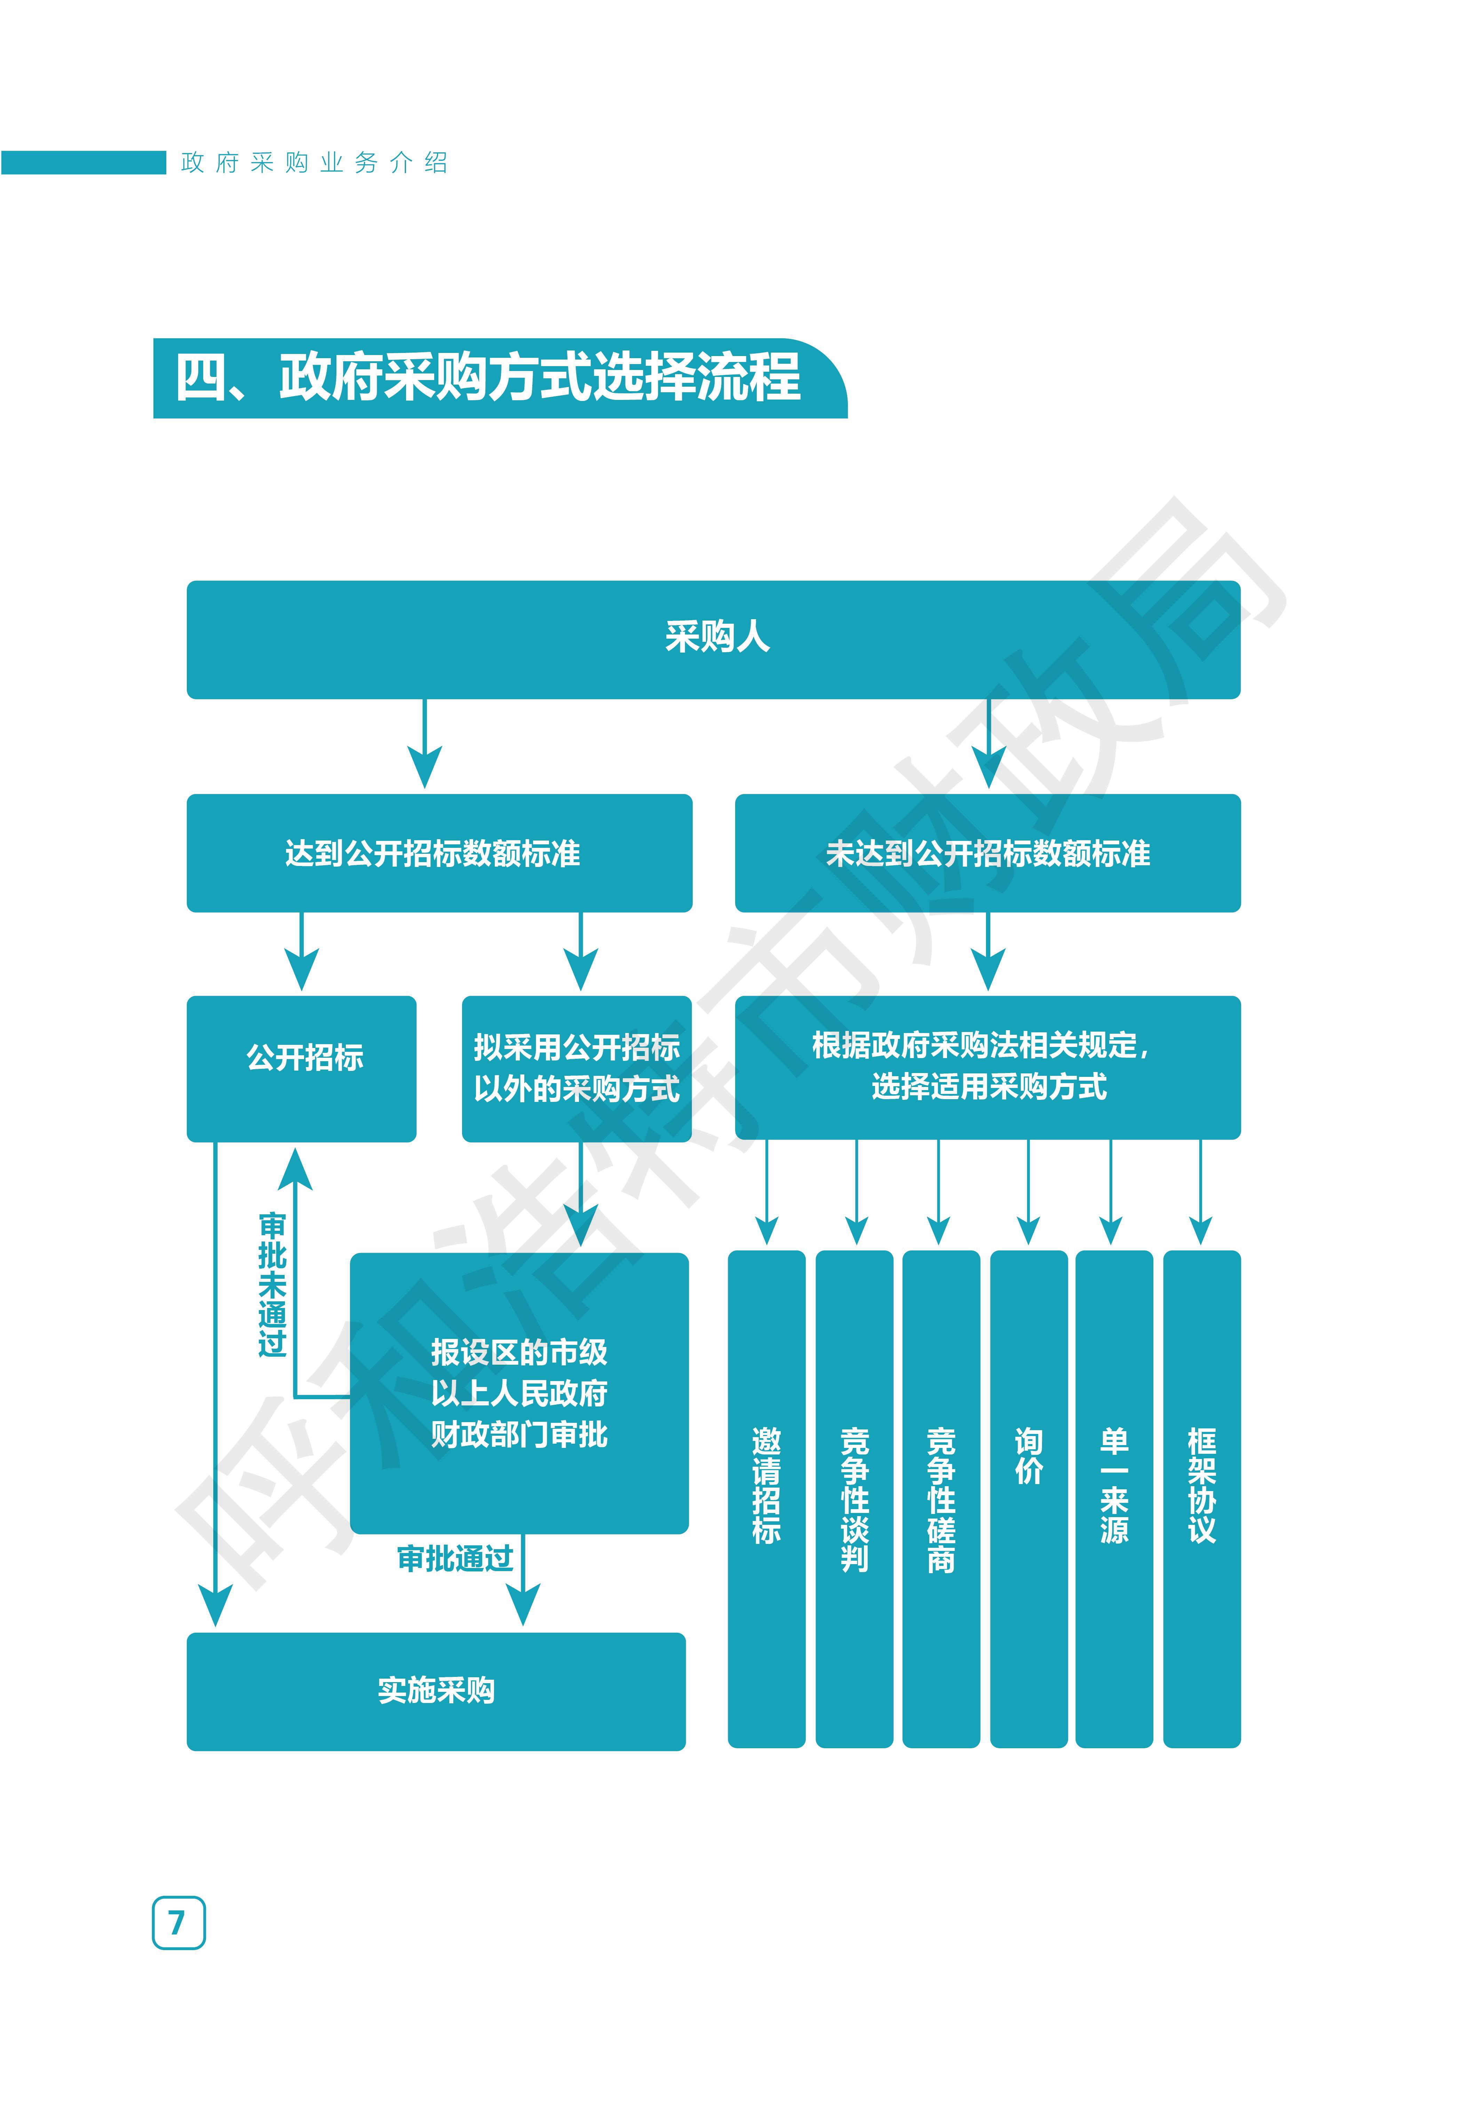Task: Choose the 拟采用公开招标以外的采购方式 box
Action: pos(577,1068)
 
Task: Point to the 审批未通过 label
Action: pos(272,1284)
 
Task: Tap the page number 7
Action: pos(178,1922)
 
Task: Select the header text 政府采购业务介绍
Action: pos(315,163)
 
